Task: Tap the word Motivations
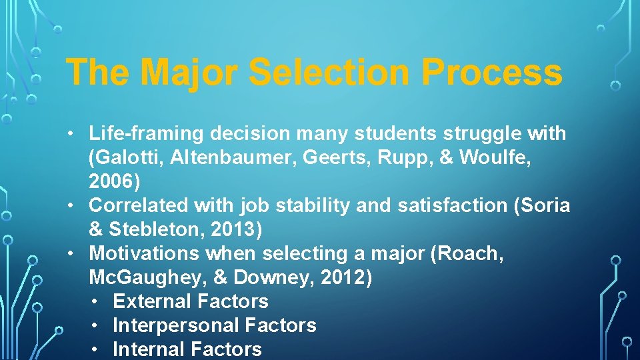click(144, 254)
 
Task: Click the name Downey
click(277, 278)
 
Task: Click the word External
click(148, 302)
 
